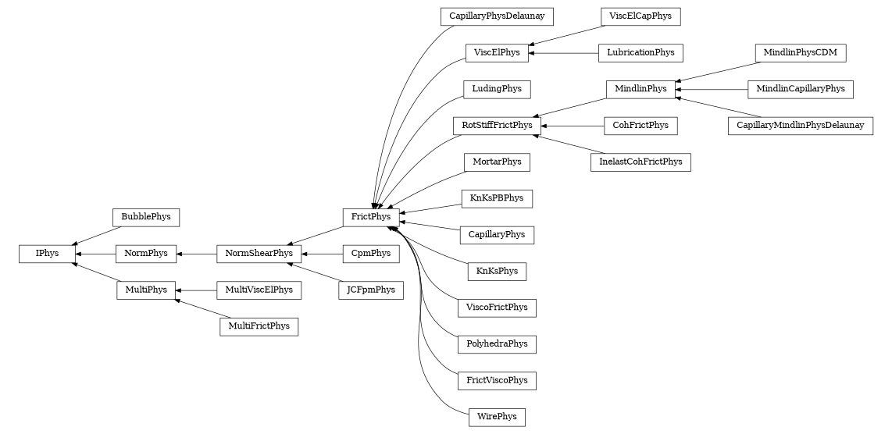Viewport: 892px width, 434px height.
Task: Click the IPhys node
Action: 47,253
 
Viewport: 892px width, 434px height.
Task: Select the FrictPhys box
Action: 371,216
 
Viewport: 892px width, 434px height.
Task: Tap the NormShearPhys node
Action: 259,253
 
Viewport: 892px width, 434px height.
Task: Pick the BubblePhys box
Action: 146,216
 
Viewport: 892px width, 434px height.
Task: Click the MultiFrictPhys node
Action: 259,326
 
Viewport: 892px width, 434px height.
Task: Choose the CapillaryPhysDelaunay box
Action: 497,16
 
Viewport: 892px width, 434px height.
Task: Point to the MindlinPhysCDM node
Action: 801,53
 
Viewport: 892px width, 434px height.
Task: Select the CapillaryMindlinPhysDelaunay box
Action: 801,126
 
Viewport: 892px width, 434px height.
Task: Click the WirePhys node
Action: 497,417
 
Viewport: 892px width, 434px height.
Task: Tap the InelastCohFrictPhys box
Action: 640,162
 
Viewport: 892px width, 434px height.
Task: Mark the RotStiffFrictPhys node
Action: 497,125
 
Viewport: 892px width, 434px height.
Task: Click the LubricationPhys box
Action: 640,53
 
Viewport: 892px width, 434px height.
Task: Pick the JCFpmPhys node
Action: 371,290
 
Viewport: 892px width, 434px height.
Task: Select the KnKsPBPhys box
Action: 497,198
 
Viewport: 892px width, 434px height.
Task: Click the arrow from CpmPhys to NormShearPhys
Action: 322,254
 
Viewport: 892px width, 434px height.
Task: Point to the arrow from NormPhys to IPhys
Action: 96,254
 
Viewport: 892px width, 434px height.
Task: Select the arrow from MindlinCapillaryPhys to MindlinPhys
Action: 712,90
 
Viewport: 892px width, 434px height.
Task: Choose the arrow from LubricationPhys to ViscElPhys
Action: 563,53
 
